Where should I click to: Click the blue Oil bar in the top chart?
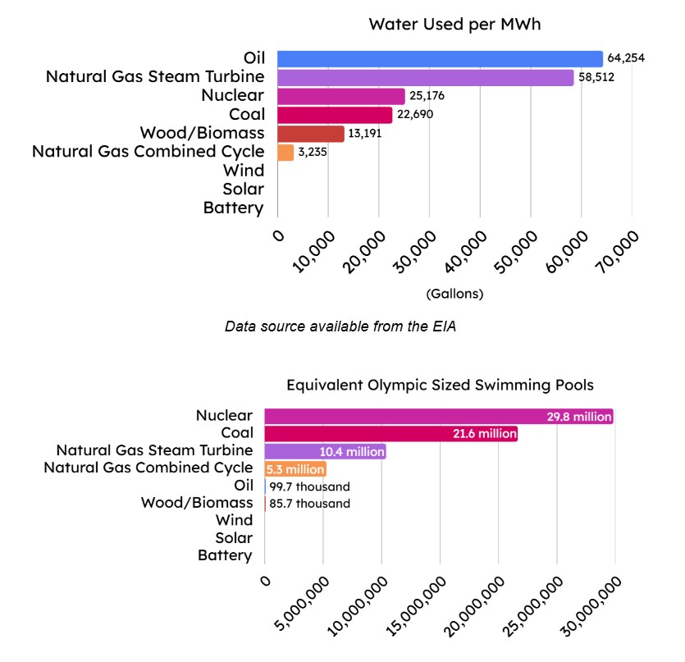pos(440,58)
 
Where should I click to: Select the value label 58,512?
pos(596,77)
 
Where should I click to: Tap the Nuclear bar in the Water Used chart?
pos(341,96)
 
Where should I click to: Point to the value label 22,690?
pos(415,115)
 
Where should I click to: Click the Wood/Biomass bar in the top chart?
pos(311,134)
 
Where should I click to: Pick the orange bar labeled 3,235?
pos(285,153)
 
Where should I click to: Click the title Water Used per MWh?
pos(454,24)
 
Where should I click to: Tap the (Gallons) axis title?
pos(454,294)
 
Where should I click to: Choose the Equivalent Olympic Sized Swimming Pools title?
pos(440,384)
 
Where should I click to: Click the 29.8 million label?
pos(579,417)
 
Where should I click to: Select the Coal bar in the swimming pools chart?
pos(390,434)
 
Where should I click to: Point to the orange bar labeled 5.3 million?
pos(295,469)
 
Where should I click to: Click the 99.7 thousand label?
pos(309,486)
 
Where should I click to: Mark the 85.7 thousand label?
pos(309,504)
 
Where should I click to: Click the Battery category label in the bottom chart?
pos(225,555)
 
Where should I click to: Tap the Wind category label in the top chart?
pos(244,171)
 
